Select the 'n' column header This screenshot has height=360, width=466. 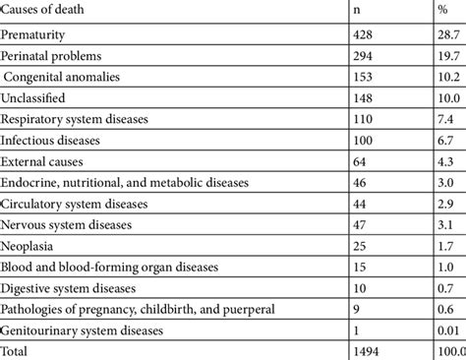click(x=357, y=11)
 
